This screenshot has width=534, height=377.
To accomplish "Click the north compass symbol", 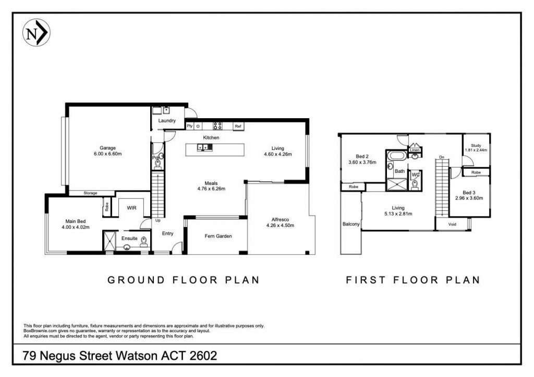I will point(37,33).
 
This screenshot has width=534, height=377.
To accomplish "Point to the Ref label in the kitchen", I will point(238,126).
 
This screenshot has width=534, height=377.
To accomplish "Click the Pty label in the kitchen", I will point(190,126).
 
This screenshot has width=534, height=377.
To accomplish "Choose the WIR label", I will point(131,207).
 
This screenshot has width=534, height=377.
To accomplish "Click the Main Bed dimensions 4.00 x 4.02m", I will point(77,227).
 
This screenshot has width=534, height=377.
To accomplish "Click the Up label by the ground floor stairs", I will point(157,220).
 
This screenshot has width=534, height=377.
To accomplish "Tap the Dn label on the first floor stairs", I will point(441,157).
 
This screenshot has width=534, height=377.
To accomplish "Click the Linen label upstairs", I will point(415,150).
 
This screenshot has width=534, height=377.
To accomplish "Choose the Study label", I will point(476,145).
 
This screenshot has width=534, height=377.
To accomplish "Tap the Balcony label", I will point(351,224).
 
